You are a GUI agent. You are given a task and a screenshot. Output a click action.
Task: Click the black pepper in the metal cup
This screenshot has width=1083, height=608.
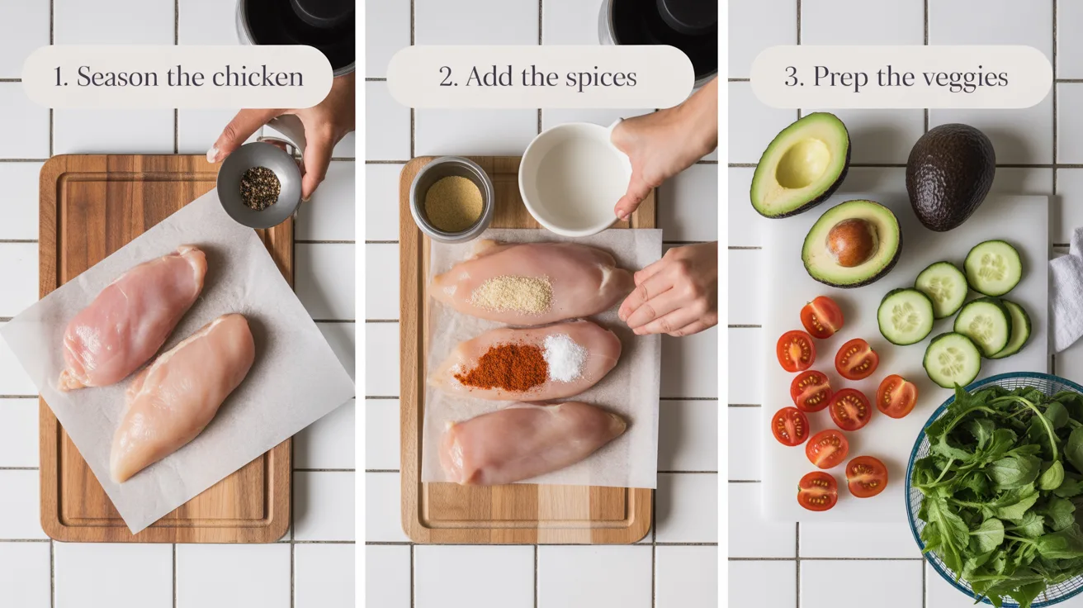tap(259, 188)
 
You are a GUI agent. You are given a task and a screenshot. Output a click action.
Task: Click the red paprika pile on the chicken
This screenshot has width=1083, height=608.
tap(501, 368)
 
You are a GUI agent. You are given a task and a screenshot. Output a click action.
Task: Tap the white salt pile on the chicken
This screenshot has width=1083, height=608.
tap(565, 358)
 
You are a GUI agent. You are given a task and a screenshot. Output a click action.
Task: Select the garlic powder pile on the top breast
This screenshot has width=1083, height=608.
tap(513, 293)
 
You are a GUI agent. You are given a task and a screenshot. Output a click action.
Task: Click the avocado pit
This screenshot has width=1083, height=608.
tap(851, 241)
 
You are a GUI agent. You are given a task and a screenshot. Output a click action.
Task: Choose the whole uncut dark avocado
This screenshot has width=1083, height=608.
tap(949, 176)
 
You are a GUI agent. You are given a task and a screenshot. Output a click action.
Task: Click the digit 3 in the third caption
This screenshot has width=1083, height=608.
tap(792, 78)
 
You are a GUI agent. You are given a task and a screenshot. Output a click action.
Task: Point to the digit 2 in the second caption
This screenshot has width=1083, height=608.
tap(447, 78)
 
